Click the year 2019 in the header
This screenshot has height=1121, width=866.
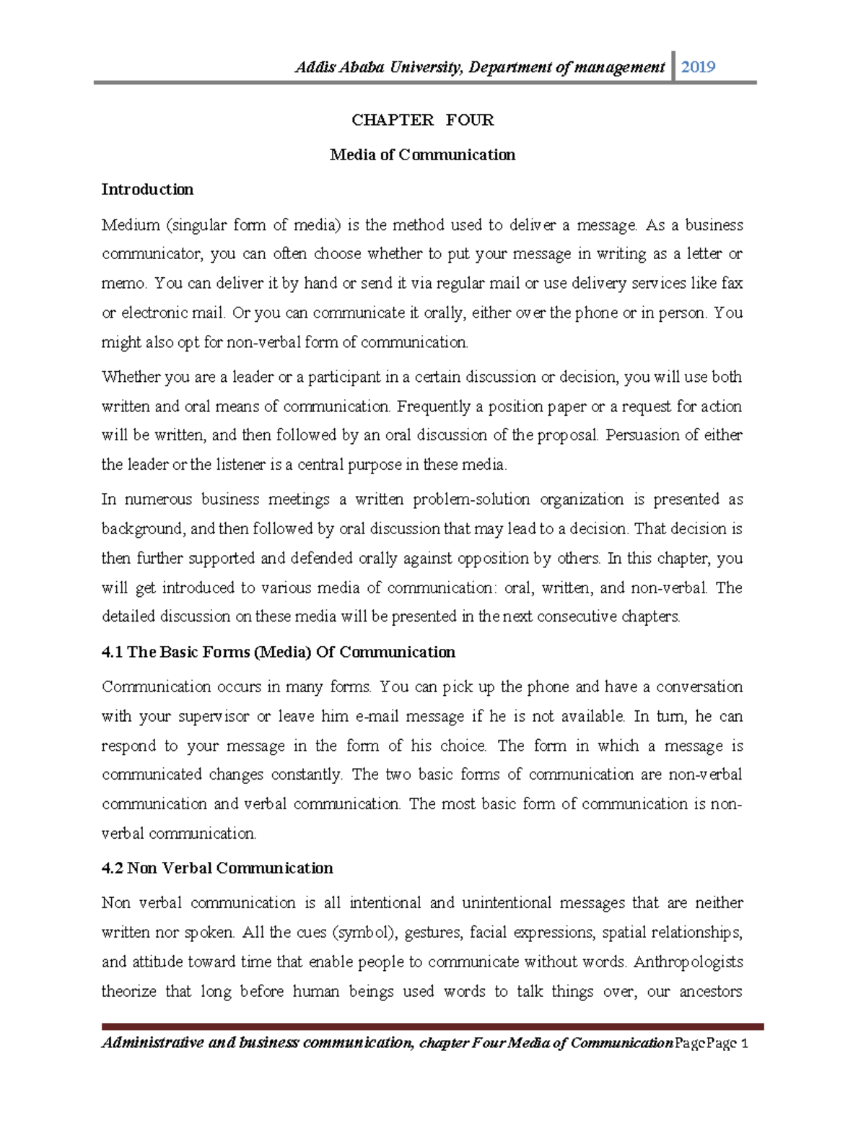click(698, 67)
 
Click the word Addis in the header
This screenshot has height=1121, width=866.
click(311, 67)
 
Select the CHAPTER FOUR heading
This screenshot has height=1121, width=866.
click(422, 120)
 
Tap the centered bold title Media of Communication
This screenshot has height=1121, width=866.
click(422, 154)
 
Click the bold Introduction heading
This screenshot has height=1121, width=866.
click(147, 189)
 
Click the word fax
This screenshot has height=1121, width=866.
click(732, 283)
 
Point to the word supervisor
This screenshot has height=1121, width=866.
click(214, 717)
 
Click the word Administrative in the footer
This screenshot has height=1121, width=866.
click(152, 1042)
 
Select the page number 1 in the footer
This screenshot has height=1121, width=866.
click(745, 1043)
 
